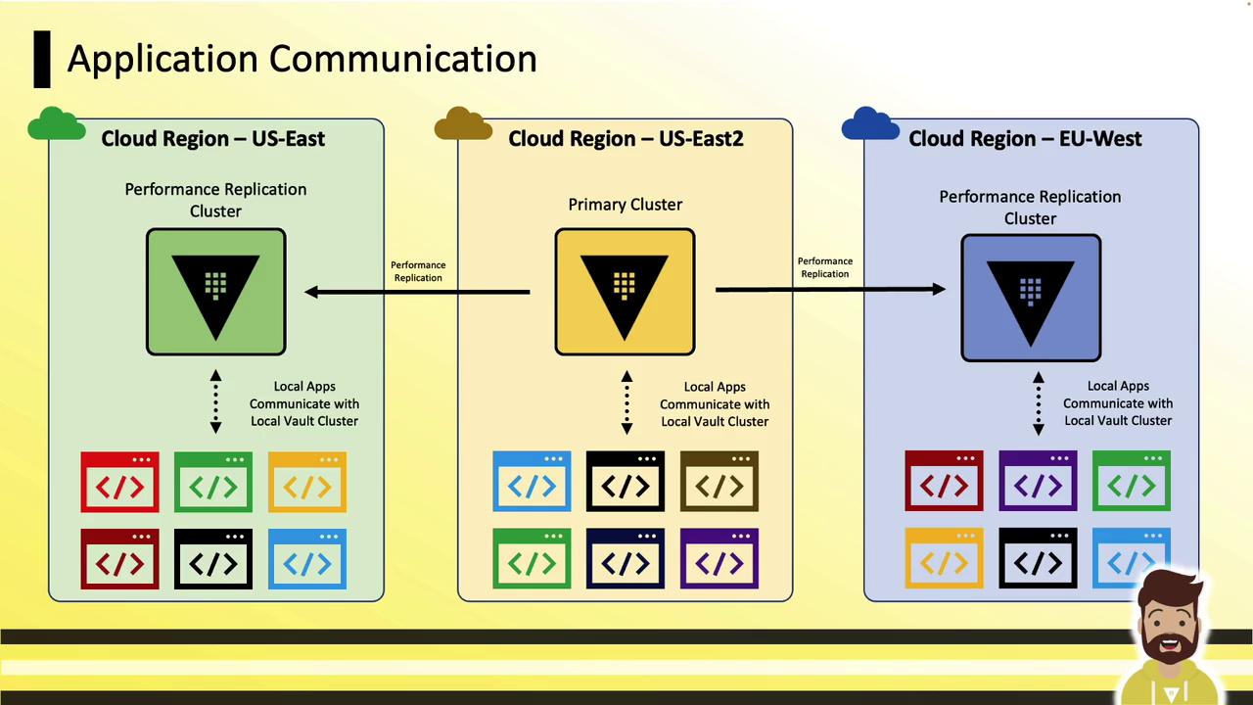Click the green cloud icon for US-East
tap(56, 124)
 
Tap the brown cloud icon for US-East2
tap(462, 124)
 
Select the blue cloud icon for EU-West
tap(869, 124)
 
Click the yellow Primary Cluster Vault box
tap(625, 292)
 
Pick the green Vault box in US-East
tap(215, 292)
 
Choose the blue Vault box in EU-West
tap(1031, 298)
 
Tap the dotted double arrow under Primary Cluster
tap(626, 402)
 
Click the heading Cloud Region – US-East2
tap(626, 139)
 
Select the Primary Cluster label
tap(625, 205)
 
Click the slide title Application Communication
tap(302, 59)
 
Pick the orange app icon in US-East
tap(307, 482)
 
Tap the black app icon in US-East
tap(213, 559)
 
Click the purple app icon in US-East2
tap(719, 559)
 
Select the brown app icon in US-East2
tap(719, 482)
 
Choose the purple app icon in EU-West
tap(1038, 481)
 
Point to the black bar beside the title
tap(41, 59)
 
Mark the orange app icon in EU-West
tap(944, 558)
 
